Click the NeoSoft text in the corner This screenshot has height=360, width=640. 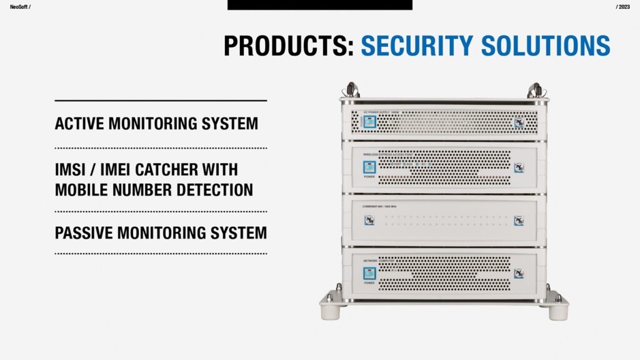(x=19, y=6)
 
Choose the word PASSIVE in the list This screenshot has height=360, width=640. (x=85, y=233)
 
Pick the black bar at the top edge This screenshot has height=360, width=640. (x=319, y=5)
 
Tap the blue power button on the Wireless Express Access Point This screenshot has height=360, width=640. (x=369, y=167)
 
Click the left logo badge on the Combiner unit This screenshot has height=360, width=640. (x=370, y=220)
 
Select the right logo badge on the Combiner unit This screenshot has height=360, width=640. (x=519, y=220)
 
